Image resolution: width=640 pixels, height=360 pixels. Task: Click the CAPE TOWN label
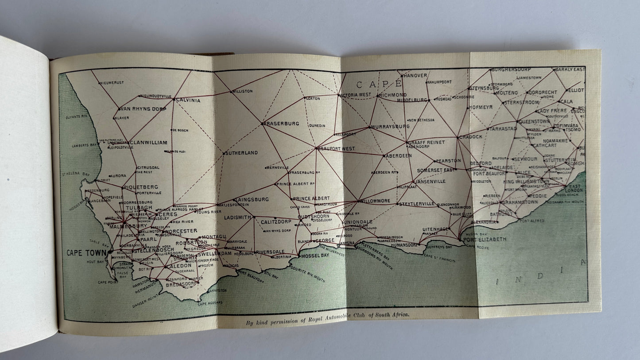86,253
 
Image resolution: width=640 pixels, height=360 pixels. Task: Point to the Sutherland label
241,153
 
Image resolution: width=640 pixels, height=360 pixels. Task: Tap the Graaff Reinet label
426,142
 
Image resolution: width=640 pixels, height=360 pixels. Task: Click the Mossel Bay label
316,255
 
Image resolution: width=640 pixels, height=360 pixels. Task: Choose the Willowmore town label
375,201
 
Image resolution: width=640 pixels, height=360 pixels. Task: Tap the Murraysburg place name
390,127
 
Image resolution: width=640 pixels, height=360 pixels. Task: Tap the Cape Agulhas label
210,303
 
